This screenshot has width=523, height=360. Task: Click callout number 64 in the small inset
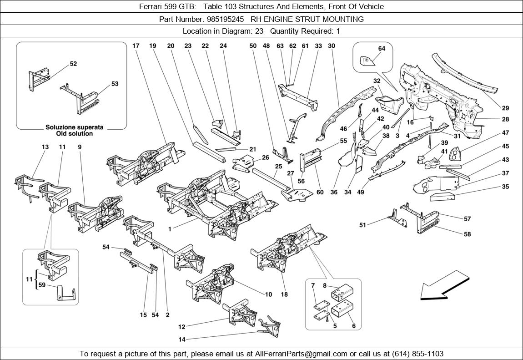click(382, 49)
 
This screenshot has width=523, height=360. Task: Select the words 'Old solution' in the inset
click(75, 134)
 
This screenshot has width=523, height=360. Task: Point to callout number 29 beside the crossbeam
click(506, 108)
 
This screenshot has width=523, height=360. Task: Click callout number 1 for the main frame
click(170, 229)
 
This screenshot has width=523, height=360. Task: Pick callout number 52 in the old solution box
click(73, 64)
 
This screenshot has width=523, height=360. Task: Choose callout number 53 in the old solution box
click(115, 84)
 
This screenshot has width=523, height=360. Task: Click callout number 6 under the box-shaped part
click(353, 326)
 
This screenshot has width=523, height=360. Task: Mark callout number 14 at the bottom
click(182, 339)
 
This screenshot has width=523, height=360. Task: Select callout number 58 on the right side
click(467, 234)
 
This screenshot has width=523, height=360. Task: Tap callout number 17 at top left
click(136, 46)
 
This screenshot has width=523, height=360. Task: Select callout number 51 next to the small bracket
click(362, 225)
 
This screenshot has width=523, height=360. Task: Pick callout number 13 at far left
click(45, 147)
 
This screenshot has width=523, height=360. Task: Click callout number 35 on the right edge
click(506, 187)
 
